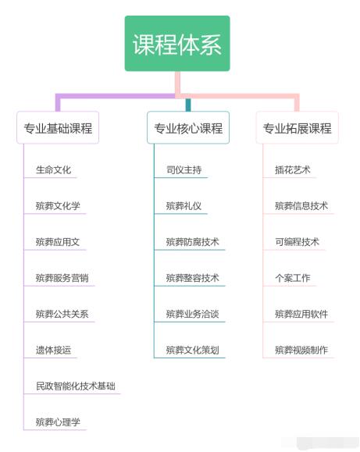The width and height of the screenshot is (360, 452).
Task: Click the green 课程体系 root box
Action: point(177,44)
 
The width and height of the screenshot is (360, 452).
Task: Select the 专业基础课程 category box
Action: point(58,127)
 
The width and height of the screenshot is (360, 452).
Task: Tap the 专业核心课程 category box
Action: point(188,127)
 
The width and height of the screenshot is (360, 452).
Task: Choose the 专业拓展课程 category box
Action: point(297,127)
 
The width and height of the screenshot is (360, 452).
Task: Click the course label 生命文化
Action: point(53,169)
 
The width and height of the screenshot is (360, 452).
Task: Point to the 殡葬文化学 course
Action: point(58,206)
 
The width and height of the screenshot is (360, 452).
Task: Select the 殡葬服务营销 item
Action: point(62,278)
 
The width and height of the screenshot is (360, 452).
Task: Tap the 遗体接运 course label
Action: point(53,350)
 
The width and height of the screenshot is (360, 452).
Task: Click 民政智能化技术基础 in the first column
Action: point(76,386)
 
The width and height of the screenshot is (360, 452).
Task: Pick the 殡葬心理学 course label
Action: point(58,422)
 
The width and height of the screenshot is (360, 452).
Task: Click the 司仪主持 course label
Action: point(184,169)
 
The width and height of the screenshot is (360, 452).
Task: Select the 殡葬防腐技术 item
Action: point(192,242)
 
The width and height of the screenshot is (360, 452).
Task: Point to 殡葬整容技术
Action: point(192,278)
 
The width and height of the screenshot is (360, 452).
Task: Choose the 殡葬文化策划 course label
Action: point(192,350)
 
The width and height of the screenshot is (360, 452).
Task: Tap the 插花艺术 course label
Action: point(293,169)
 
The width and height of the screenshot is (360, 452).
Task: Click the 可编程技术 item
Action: point(297,242)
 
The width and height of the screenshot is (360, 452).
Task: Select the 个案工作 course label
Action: point(293,278)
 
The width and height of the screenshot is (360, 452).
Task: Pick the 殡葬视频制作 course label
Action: point(301,350)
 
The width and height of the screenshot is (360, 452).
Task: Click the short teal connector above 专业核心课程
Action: point(188,105)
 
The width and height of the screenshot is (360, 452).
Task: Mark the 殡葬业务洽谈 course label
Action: point(192,314)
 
